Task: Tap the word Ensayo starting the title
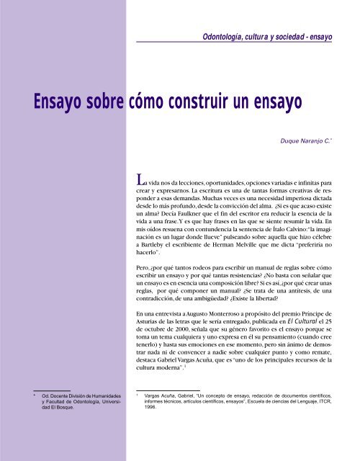click(55, 104)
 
